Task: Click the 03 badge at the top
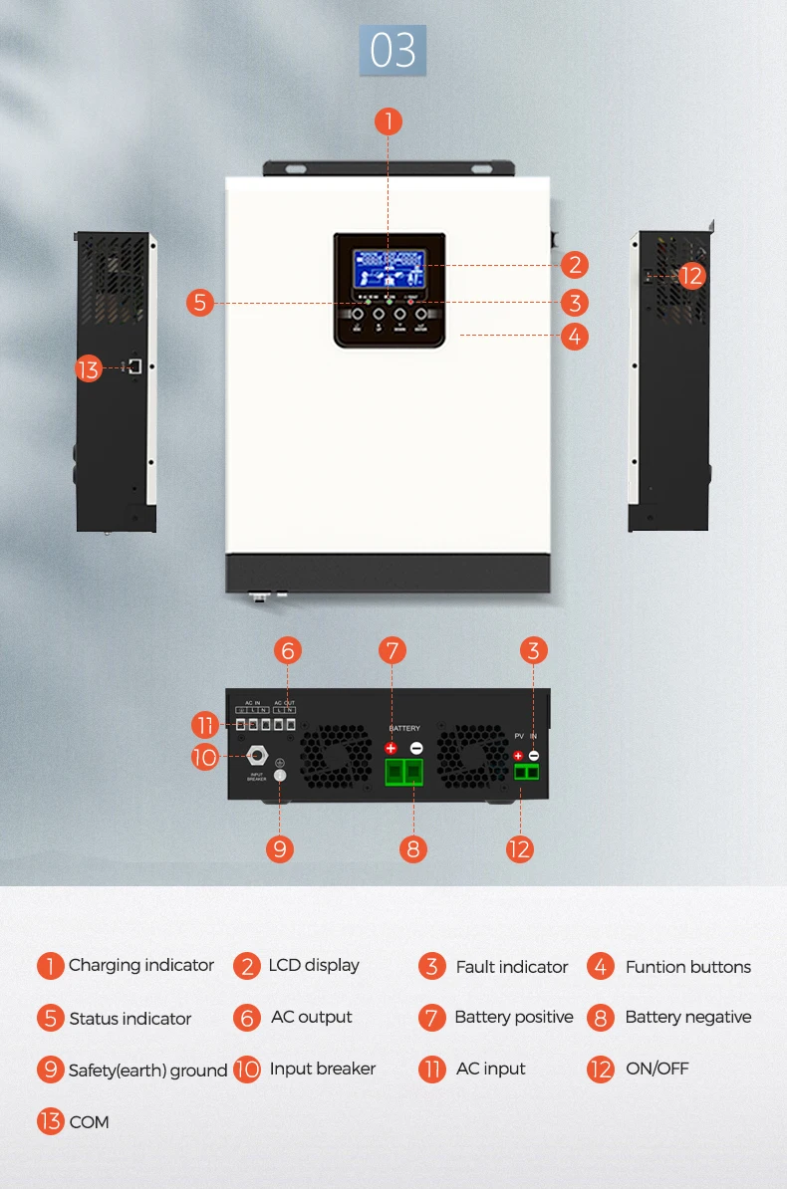(393, 51)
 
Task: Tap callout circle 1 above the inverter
(388, 121)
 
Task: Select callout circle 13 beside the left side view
(89, 369)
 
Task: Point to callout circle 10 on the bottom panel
(204, 758)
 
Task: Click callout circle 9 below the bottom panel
(280, 848)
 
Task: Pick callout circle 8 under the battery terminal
(412, 848)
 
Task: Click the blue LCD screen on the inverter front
(388, 266)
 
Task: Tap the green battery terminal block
(402, 772)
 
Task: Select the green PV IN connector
(526, 772)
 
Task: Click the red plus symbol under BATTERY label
(391, 748)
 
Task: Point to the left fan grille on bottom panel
(336, 758)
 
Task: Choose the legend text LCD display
(313, 965)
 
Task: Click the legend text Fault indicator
(511, 967)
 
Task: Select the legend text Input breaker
(322, 1069)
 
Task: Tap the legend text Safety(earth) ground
(147, 1070)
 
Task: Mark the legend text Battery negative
(687, 1017)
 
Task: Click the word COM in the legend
(89, 1122)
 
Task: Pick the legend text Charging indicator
(140, 965)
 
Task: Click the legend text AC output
(311, 1017)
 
